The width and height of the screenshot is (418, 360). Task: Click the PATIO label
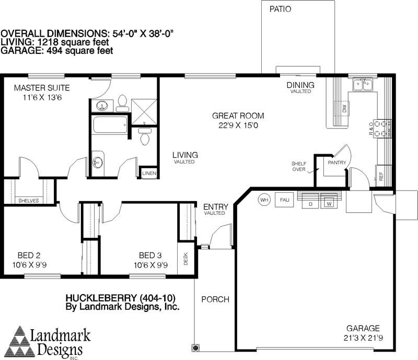tap(281, 9)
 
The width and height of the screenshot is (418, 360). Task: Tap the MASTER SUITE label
tap(42, 88)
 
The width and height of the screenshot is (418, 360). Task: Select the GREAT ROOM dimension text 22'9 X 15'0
tap(238, 125)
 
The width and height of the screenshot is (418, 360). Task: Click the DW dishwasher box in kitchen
tap(345, 109)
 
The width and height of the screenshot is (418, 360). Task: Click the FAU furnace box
tap(284, 199)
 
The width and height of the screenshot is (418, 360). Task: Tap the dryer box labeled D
tap(310, 203)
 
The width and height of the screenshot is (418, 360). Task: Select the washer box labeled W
tap(329, 203)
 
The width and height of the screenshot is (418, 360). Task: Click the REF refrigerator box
tap(381, 176)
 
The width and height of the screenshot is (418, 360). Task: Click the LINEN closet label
tap(148, 173)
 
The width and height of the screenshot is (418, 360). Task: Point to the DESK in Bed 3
tap(185, 259)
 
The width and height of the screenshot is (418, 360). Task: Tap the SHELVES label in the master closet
tap(28, 200)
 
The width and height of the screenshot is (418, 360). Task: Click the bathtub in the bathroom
tap(110, 125)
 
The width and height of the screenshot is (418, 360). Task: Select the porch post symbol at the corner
tap(195, 347)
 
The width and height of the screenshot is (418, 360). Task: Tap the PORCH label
tap(215, 299)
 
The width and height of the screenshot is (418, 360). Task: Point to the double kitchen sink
tap(363, 85)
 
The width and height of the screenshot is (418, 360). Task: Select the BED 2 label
tap(29, 256)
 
